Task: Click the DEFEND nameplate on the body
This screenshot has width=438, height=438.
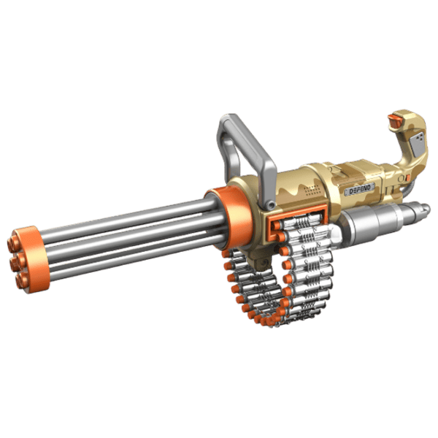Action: tap(359, 189)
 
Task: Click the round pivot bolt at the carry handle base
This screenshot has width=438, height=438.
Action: tap(270, 205)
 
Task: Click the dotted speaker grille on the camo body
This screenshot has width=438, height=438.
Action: tap(313, 190)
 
